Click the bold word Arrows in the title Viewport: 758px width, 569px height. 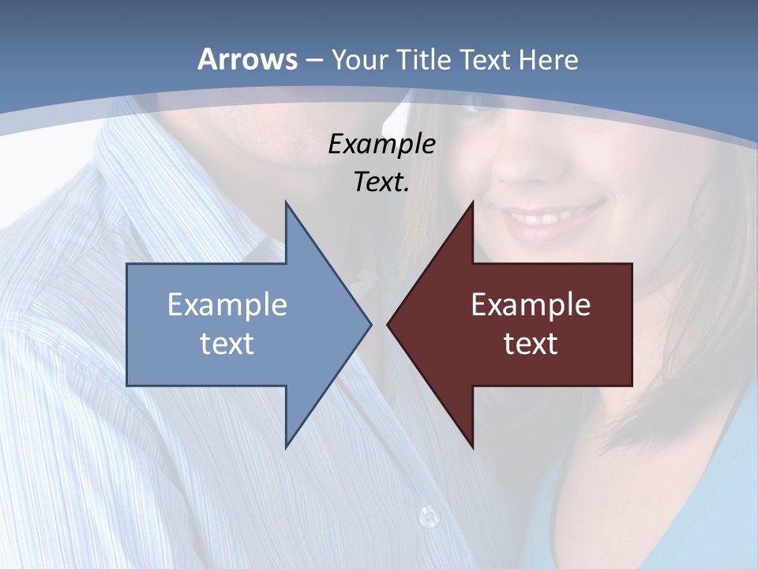[247, 59]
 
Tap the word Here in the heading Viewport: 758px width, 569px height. [548, 59]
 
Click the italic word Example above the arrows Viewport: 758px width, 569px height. [381, 144]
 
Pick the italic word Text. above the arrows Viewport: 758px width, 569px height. [381, 183]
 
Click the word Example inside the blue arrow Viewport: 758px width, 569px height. [227, 304]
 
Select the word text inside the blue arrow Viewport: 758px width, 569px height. [227, 344]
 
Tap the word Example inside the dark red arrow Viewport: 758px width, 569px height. [531, 304]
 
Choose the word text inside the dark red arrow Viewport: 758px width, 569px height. [531, 344]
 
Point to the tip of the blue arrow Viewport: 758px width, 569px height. [370, 324]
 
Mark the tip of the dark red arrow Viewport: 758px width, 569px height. [388, 324]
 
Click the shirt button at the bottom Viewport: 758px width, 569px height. [428, 517]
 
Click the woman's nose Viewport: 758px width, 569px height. [517, 162]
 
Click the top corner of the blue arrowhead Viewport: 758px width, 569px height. [286, 202]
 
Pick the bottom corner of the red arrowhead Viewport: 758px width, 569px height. [473, 447]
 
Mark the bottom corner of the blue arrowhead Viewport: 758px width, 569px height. [286, 447]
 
